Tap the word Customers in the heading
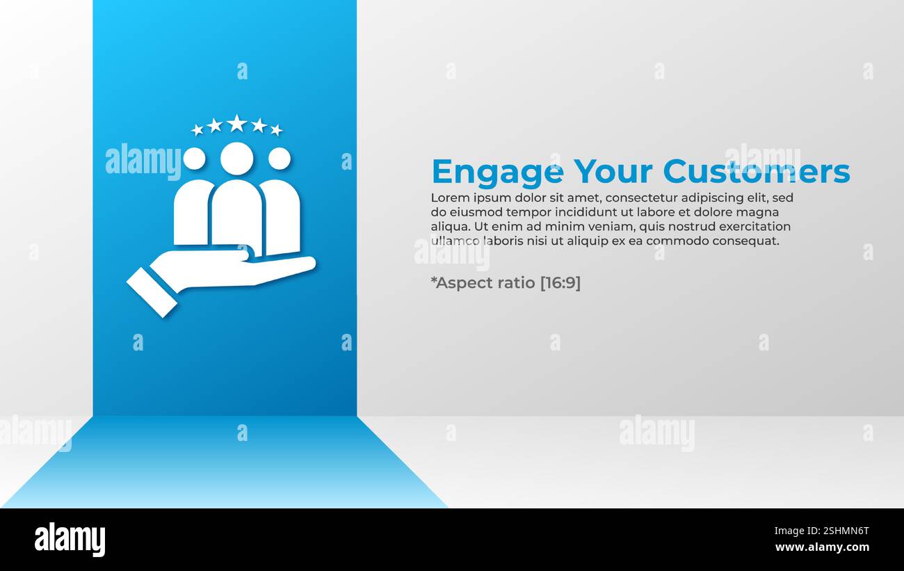coord(756,172)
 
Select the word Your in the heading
coord(613,172)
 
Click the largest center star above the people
coord(236,123)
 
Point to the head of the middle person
coord(236,159)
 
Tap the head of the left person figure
coord(194,159)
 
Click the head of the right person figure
coord(279,159)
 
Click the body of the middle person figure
coord(236,216)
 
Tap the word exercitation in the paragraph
coord(754,227)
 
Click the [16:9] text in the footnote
coord(560,283)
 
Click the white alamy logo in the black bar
coord(70,540)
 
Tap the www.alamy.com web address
coord(823,547)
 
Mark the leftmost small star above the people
coord(197,129)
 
